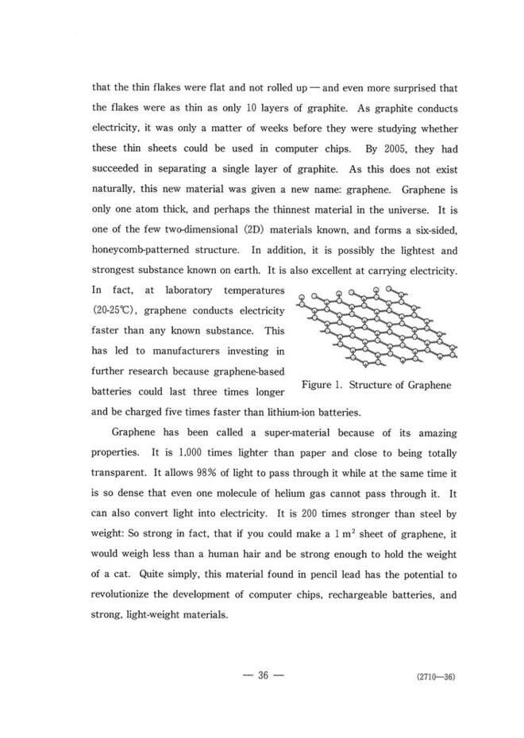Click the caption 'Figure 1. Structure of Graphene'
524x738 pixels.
376,385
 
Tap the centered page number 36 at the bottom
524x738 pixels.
261,675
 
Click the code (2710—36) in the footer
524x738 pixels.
433,677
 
